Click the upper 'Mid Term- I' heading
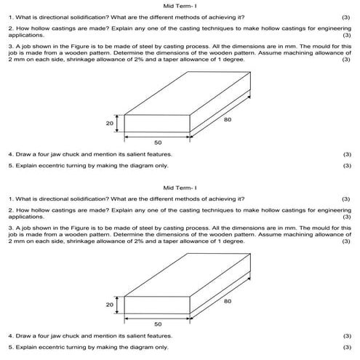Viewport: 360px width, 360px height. pyautogui.click(x=181, y=5)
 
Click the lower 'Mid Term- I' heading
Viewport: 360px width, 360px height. pyautogui.click(x=181, y=187)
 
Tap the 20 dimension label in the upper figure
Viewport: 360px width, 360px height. pyautogui.click(x=110, y=124)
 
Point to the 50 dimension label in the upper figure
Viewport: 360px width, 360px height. pyautogui.click(x=158, y=143)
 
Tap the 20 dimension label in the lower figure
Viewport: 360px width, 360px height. pyautogui.click(x=110, y=305)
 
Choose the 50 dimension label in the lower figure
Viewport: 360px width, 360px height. pyautogui.click(x=158, y=324)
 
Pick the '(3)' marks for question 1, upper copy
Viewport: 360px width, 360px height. pyautogui.click(x=345, y=16)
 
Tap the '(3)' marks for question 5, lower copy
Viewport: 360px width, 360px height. pyautogui.click(x=345, y=348)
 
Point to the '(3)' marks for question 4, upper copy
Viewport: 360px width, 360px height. pyautogui.click(x=345, y=154)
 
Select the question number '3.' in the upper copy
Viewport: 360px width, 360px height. pyautogui.click(x=9, y=45)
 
